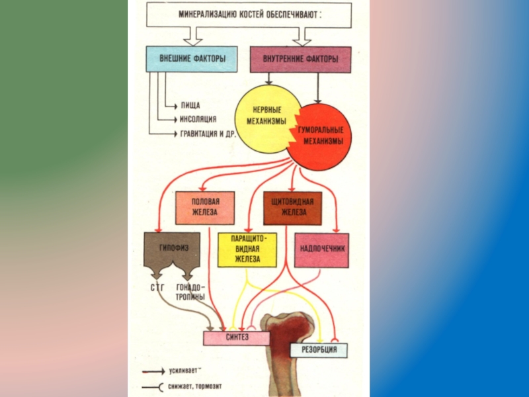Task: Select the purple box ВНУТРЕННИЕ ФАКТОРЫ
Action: click(300, 60)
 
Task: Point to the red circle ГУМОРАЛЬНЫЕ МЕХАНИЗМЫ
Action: click(320, 135)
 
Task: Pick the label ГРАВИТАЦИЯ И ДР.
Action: click(209, 134)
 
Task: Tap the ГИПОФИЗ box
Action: click(175, 249)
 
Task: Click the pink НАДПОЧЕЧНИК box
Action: click(321, 249)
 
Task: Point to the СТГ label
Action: click(157, 288)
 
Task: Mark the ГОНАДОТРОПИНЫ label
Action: click(190, 292)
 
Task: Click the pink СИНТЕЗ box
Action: click(236, 337)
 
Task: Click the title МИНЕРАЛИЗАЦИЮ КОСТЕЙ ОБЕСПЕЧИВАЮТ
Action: click(250, 14)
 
